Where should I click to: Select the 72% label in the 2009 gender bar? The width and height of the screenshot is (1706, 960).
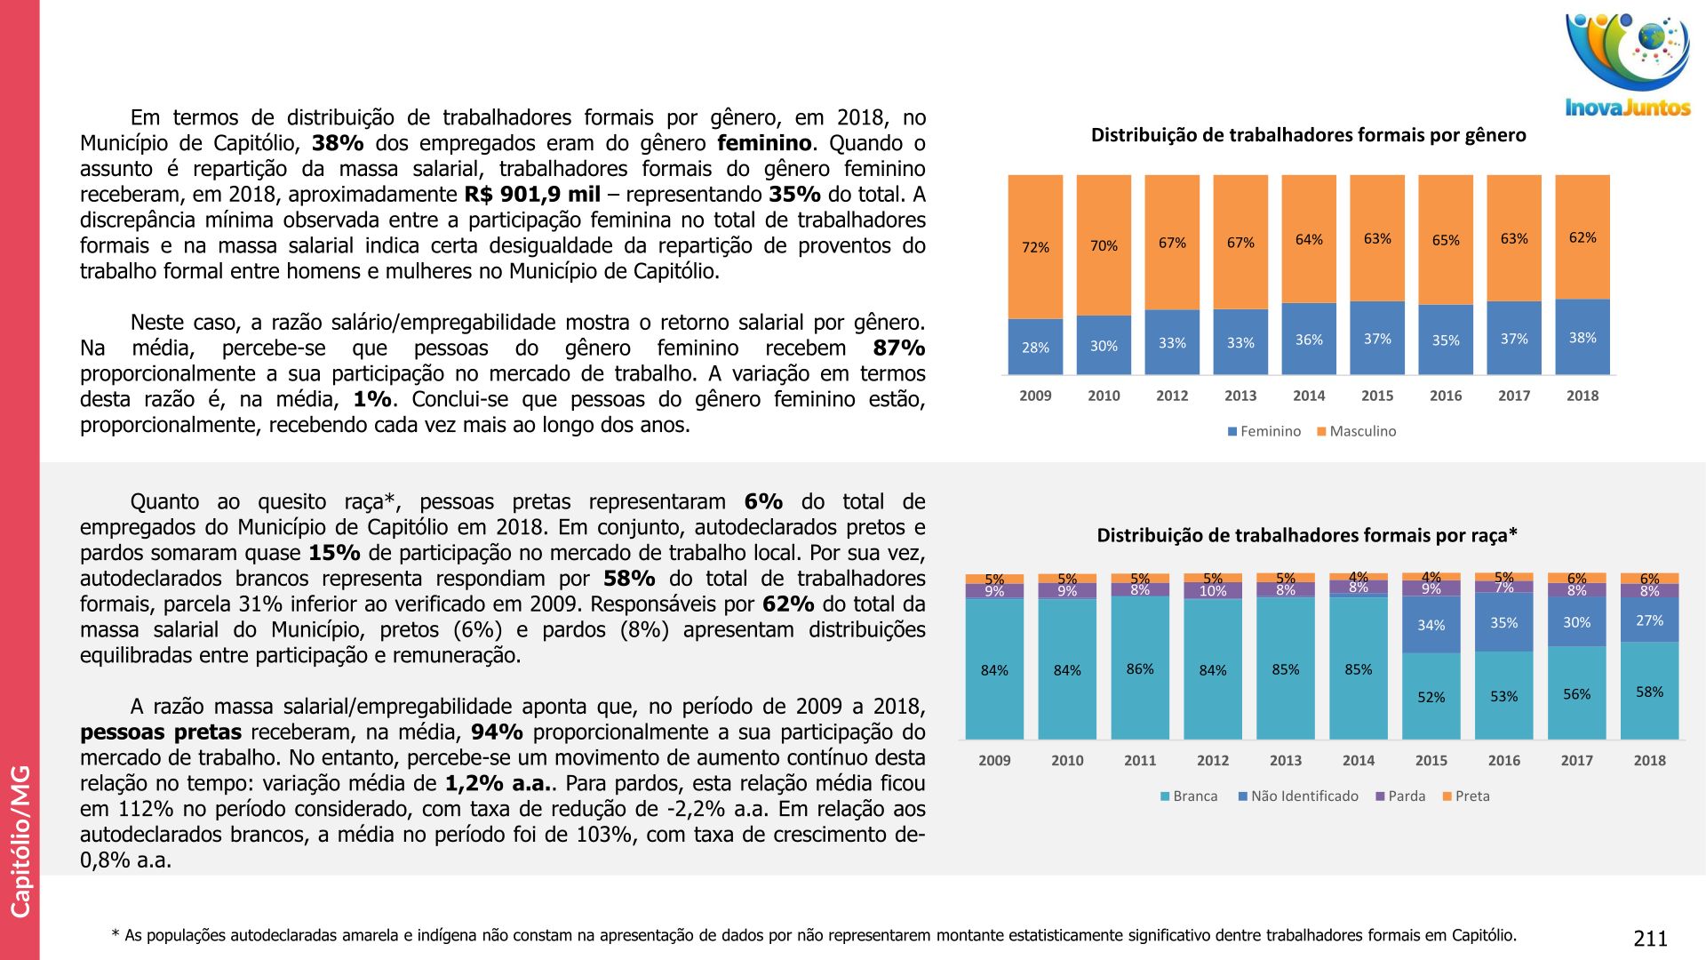point(1035,247)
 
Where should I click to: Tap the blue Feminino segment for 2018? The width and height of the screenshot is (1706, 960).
point(1582,337)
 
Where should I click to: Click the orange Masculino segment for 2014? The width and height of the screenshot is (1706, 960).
point(1309,238)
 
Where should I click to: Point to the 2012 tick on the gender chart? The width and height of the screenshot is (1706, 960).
point(1172,396)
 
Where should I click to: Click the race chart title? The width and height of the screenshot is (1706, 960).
point(1307,535)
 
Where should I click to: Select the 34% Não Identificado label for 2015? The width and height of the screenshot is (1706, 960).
point(1431,625)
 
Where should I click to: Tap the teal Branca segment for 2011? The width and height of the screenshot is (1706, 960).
point(1140,668)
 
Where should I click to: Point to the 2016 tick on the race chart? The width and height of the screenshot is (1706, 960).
point(1503,760)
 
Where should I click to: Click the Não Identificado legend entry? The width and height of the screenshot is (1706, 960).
point(1298,796)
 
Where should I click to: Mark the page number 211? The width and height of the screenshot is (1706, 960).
point(1650,939)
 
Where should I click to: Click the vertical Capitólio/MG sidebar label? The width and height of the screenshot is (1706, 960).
point(20,840)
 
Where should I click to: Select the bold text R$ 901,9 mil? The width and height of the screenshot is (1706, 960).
point(532,195)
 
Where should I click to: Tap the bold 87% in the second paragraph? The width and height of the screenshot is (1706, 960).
point(898,348)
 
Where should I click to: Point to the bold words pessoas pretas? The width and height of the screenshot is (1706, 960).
point(161,732)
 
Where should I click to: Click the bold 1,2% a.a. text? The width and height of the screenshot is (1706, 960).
point(497,784)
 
